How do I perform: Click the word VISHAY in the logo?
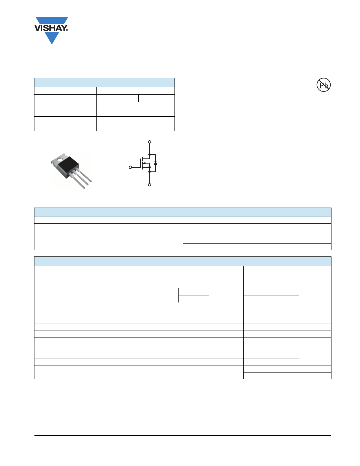pyautogui.click(x=51, y=28)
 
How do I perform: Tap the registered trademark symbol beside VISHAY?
pyautogui.click(x=67, y=30)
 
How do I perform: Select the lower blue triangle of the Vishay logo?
pyautogui.click(x=52, y=38)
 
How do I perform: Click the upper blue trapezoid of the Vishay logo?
pyautogui.click(x=52, y=21)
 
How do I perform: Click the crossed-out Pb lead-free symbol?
pyautogui.click(x=324, y=85)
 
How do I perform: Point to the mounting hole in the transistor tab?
pyautogui.click(x=60, y=159)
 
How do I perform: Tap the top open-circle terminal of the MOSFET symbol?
pyautogui.click(x=150, y=142)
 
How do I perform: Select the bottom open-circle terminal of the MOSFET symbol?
pyautogui.click(x=150, y=185)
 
